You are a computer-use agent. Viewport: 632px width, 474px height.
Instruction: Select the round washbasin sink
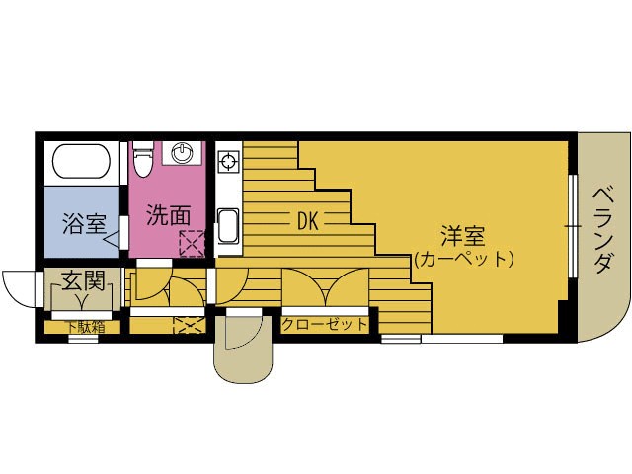point(183,153)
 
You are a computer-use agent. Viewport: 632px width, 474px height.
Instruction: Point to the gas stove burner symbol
point(227,161)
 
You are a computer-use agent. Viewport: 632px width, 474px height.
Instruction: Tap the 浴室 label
point(83,222)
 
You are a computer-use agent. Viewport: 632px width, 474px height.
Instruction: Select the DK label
point(308,221)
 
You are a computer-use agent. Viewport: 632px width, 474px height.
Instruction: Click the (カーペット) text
point(463,260)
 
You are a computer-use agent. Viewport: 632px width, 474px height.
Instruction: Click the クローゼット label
point(325,324)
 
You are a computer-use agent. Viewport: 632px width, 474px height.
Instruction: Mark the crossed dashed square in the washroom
point(190,242)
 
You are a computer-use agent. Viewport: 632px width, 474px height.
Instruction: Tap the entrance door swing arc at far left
point(20,289)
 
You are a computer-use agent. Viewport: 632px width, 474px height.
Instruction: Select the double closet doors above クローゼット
point(325,288)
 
